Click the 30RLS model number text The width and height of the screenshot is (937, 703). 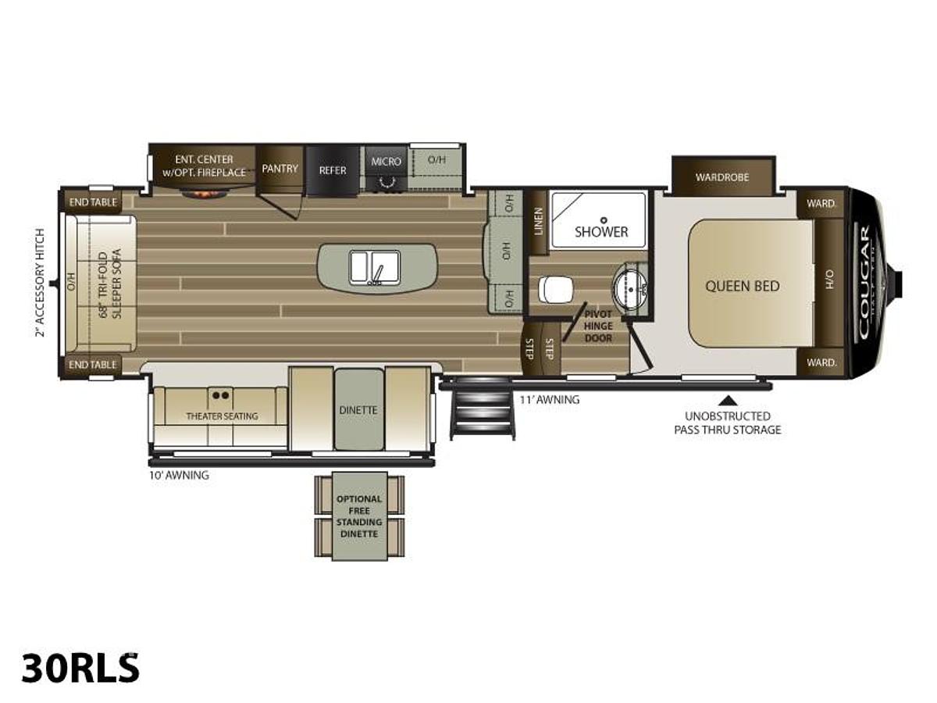point(80,668)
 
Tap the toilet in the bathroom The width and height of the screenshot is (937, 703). point(555,290)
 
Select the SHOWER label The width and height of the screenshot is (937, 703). point(601,231)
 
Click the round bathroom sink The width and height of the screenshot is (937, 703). point(630,287)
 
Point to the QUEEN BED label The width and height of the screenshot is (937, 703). point(742,286)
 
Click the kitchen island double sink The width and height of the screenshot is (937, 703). point(375,267)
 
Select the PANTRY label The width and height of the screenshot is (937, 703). point(280,169)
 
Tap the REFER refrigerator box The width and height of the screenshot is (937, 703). point(332,170)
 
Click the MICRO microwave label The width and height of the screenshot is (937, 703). point(386,162)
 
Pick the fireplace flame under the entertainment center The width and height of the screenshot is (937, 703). point(205,191)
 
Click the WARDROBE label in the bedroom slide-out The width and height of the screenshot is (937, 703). point(722,177)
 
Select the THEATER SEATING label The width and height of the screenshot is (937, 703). point(222,416)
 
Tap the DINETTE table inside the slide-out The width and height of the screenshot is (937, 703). point(359,410)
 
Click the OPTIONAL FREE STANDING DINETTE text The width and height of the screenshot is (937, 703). point(359,516)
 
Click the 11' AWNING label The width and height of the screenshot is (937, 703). point(550,400)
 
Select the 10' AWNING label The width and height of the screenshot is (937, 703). point(179,475)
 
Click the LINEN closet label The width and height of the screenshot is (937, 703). point(538,222)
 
